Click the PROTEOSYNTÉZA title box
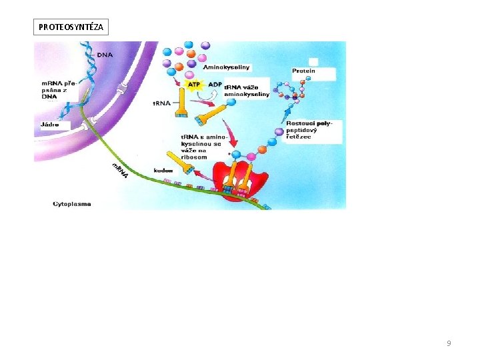tap(70, 27)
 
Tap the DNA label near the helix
tap(105, 55)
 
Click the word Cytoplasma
tap(72, 203)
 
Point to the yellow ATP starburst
tap(194, 85)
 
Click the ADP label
tap(215, 85)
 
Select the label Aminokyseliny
tap(226, 67)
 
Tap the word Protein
tap(303, 71)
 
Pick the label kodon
tap(163, 170)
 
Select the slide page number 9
tap(449, 343)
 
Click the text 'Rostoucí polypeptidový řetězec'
tap(308, 131)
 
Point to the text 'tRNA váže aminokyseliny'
tap(246, 91)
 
